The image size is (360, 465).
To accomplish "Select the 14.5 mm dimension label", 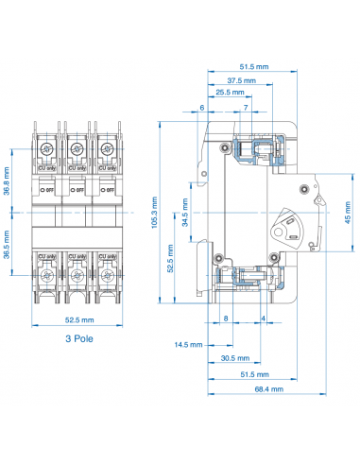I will [189, 344].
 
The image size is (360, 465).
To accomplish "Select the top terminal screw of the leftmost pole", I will [47, 149].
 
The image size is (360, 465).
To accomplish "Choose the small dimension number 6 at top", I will [201, 108].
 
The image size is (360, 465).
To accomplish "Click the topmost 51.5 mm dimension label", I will [250, 67].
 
